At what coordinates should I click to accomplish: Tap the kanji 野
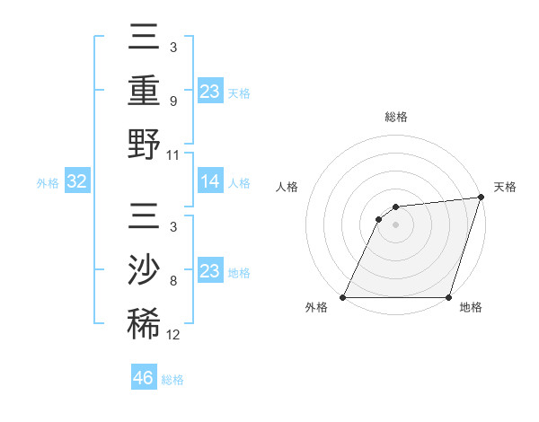[x=144, y=144]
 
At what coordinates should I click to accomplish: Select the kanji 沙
[x=144, y=272]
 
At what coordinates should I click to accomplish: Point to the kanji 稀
[x=144, y=324]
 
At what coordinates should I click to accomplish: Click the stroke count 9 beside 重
[x=172, y=100]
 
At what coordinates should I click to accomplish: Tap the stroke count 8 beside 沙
[x=172, y=281]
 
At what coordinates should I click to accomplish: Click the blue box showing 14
[x=210, y=181]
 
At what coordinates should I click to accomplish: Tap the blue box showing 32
[x=76, y=181]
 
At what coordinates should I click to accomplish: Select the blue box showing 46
[x=144, y=377]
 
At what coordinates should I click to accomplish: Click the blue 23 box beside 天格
[x=210, y=91]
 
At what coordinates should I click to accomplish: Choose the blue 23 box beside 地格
[x=210, y=271]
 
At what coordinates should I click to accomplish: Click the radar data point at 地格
[x=448, y=297]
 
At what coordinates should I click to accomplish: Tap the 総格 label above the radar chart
[x=395, y=117]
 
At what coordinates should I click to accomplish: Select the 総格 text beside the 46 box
[x=172, y=380]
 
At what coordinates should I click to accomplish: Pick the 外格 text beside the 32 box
[x=48, y=183]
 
